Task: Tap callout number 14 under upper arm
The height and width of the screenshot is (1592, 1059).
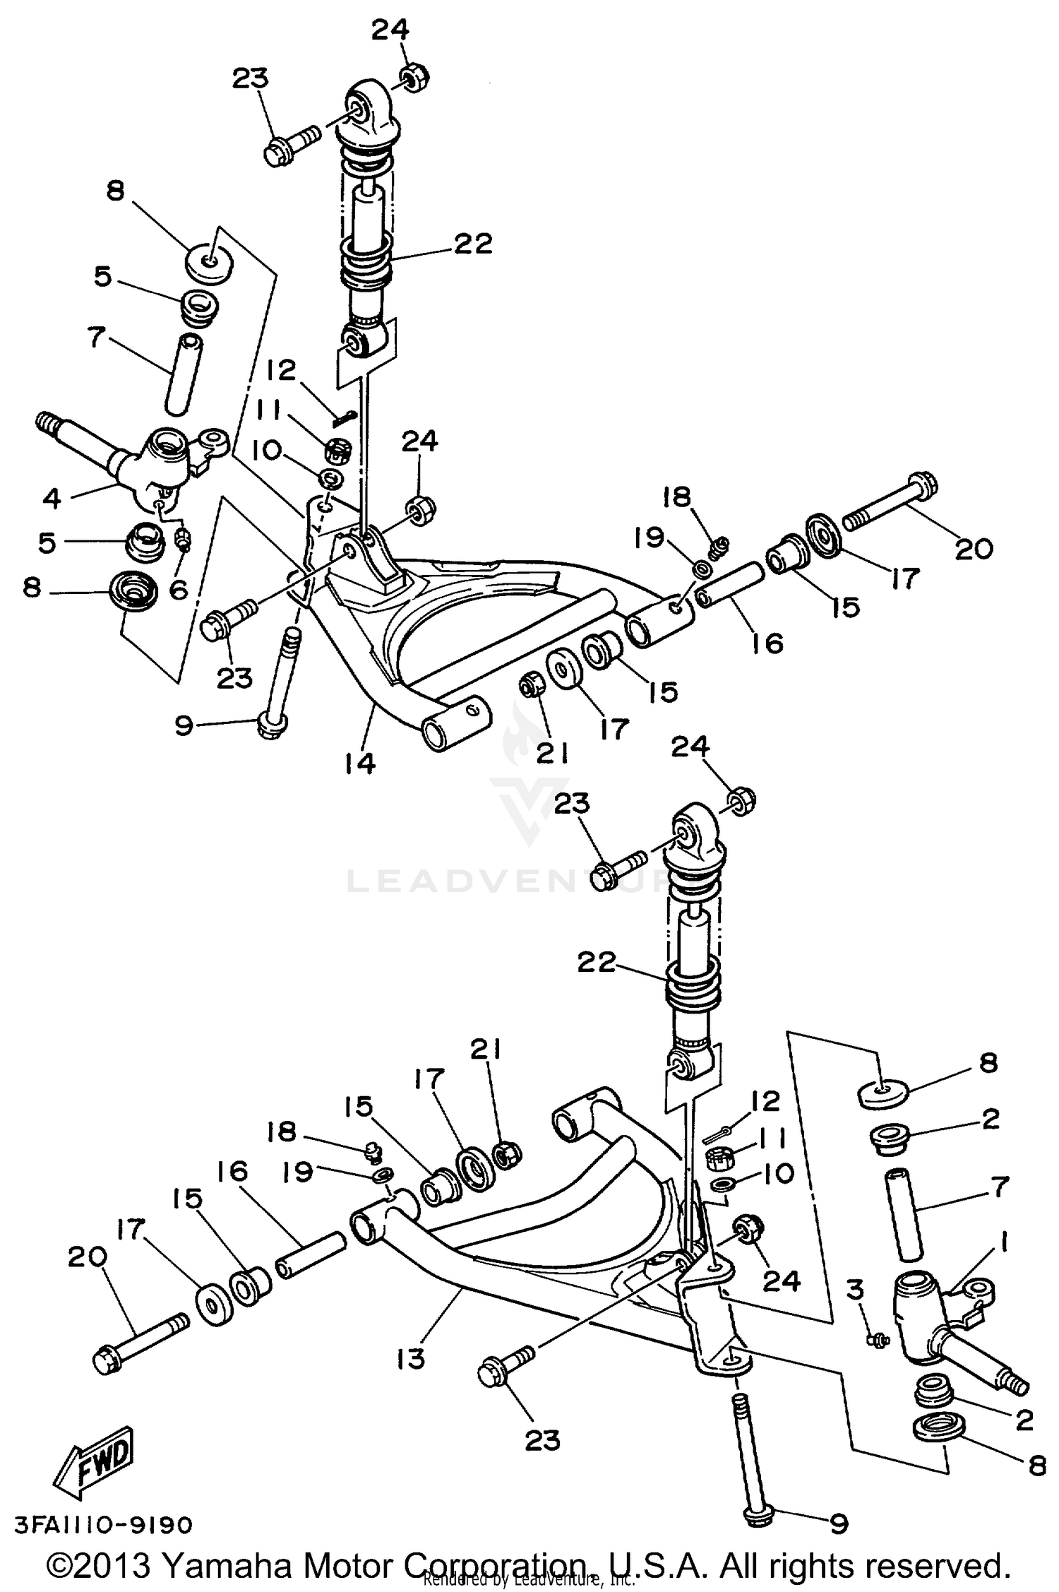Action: [360, 763]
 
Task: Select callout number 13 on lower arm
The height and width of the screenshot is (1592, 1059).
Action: [411, 1358]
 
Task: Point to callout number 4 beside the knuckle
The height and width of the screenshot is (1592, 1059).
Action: [52, 498]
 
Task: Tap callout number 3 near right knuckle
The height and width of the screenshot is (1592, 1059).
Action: [855, 1290]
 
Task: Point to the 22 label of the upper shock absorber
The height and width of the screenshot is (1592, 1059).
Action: [472, 244]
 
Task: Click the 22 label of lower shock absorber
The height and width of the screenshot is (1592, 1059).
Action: [597, 962]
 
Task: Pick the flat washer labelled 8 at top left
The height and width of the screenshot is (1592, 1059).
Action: [208, 263]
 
